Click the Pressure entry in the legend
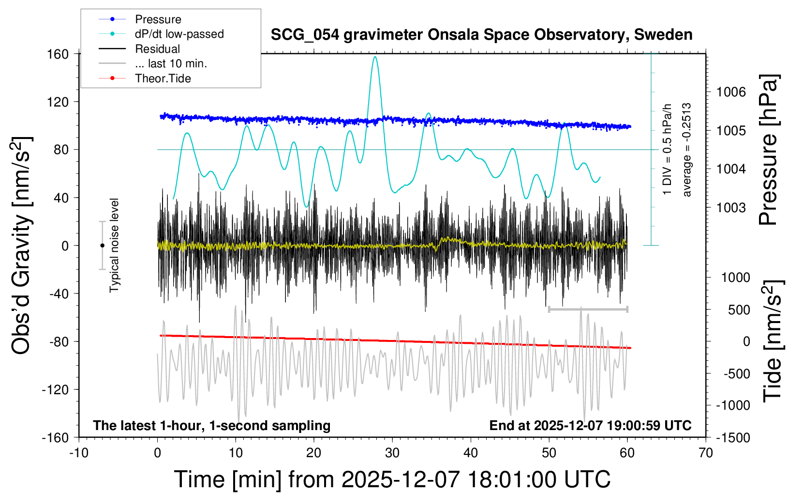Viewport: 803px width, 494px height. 158,19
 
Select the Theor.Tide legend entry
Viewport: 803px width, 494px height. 163,78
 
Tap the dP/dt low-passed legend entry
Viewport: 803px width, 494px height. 179,34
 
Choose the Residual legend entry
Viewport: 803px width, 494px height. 157,49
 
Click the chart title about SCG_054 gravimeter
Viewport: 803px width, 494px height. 481,35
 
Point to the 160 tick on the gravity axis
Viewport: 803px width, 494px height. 58,54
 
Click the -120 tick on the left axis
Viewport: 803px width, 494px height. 55,390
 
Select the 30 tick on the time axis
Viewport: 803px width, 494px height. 392,453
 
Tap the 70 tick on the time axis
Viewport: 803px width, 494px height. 706,453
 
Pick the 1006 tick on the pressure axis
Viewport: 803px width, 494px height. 731,92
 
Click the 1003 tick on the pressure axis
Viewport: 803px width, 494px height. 731,208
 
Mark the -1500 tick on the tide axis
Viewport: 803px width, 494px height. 732,438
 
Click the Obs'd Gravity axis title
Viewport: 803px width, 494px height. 22,246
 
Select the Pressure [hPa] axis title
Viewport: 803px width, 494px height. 768,150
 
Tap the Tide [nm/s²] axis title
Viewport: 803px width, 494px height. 773,341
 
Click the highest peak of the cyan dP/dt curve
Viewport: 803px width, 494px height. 375,57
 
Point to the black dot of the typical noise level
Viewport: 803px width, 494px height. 102,246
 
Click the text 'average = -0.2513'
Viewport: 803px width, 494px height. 687,150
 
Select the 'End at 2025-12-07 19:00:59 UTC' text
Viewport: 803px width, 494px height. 590,426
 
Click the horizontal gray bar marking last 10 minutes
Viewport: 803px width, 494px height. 588,309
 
